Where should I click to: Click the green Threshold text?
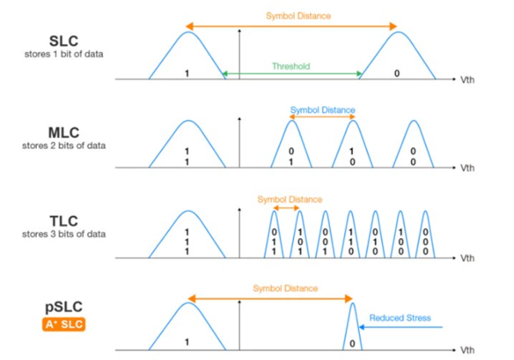290,65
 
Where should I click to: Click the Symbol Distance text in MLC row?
322,110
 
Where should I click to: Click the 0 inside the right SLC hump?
396,75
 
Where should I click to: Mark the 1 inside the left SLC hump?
187,75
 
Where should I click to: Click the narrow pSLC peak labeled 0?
352,330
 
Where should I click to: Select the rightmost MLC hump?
413,146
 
